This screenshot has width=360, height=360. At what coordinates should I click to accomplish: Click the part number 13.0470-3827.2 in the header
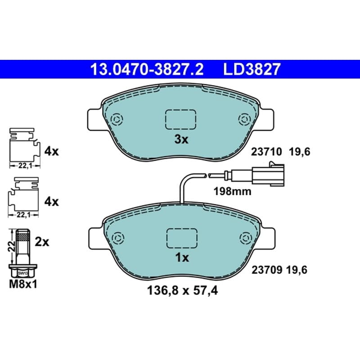point(147,69)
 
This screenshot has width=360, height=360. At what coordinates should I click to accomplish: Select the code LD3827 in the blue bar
point(252,69)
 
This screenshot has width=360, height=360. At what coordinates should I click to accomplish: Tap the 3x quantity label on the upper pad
point(181,139)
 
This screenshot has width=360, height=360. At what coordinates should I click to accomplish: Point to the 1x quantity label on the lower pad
point(182,257)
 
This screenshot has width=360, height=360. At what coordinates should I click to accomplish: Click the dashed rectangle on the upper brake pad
point(180,119)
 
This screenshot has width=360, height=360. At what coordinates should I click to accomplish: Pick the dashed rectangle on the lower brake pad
point(182,238)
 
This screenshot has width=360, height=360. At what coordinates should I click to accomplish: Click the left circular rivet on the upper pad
point(117,119)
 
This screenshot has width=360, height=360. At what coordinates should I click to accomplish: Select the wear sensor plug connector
point(268,174)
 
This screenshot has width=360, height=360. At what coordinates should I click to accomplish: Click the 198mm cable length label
point(232,191)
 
